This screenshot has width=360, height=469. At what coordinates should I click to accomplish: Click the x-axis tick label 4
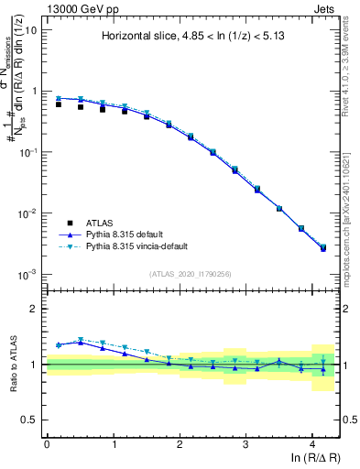(312, 443)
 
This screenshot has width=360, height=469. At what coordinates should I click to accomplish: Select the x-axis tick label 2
(180, 443)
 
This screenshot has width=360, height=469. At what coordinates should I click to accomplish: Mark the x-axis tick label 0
(47, 443)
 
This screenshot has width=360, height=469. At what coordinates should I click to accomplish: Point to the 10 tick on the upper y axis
(30, 30)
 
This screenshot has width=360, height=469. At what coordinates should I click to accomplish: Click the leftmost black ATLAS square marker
(59, 104)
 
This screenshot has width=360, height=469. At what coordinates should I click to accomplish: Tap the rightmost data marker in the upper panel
(322, 248)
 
